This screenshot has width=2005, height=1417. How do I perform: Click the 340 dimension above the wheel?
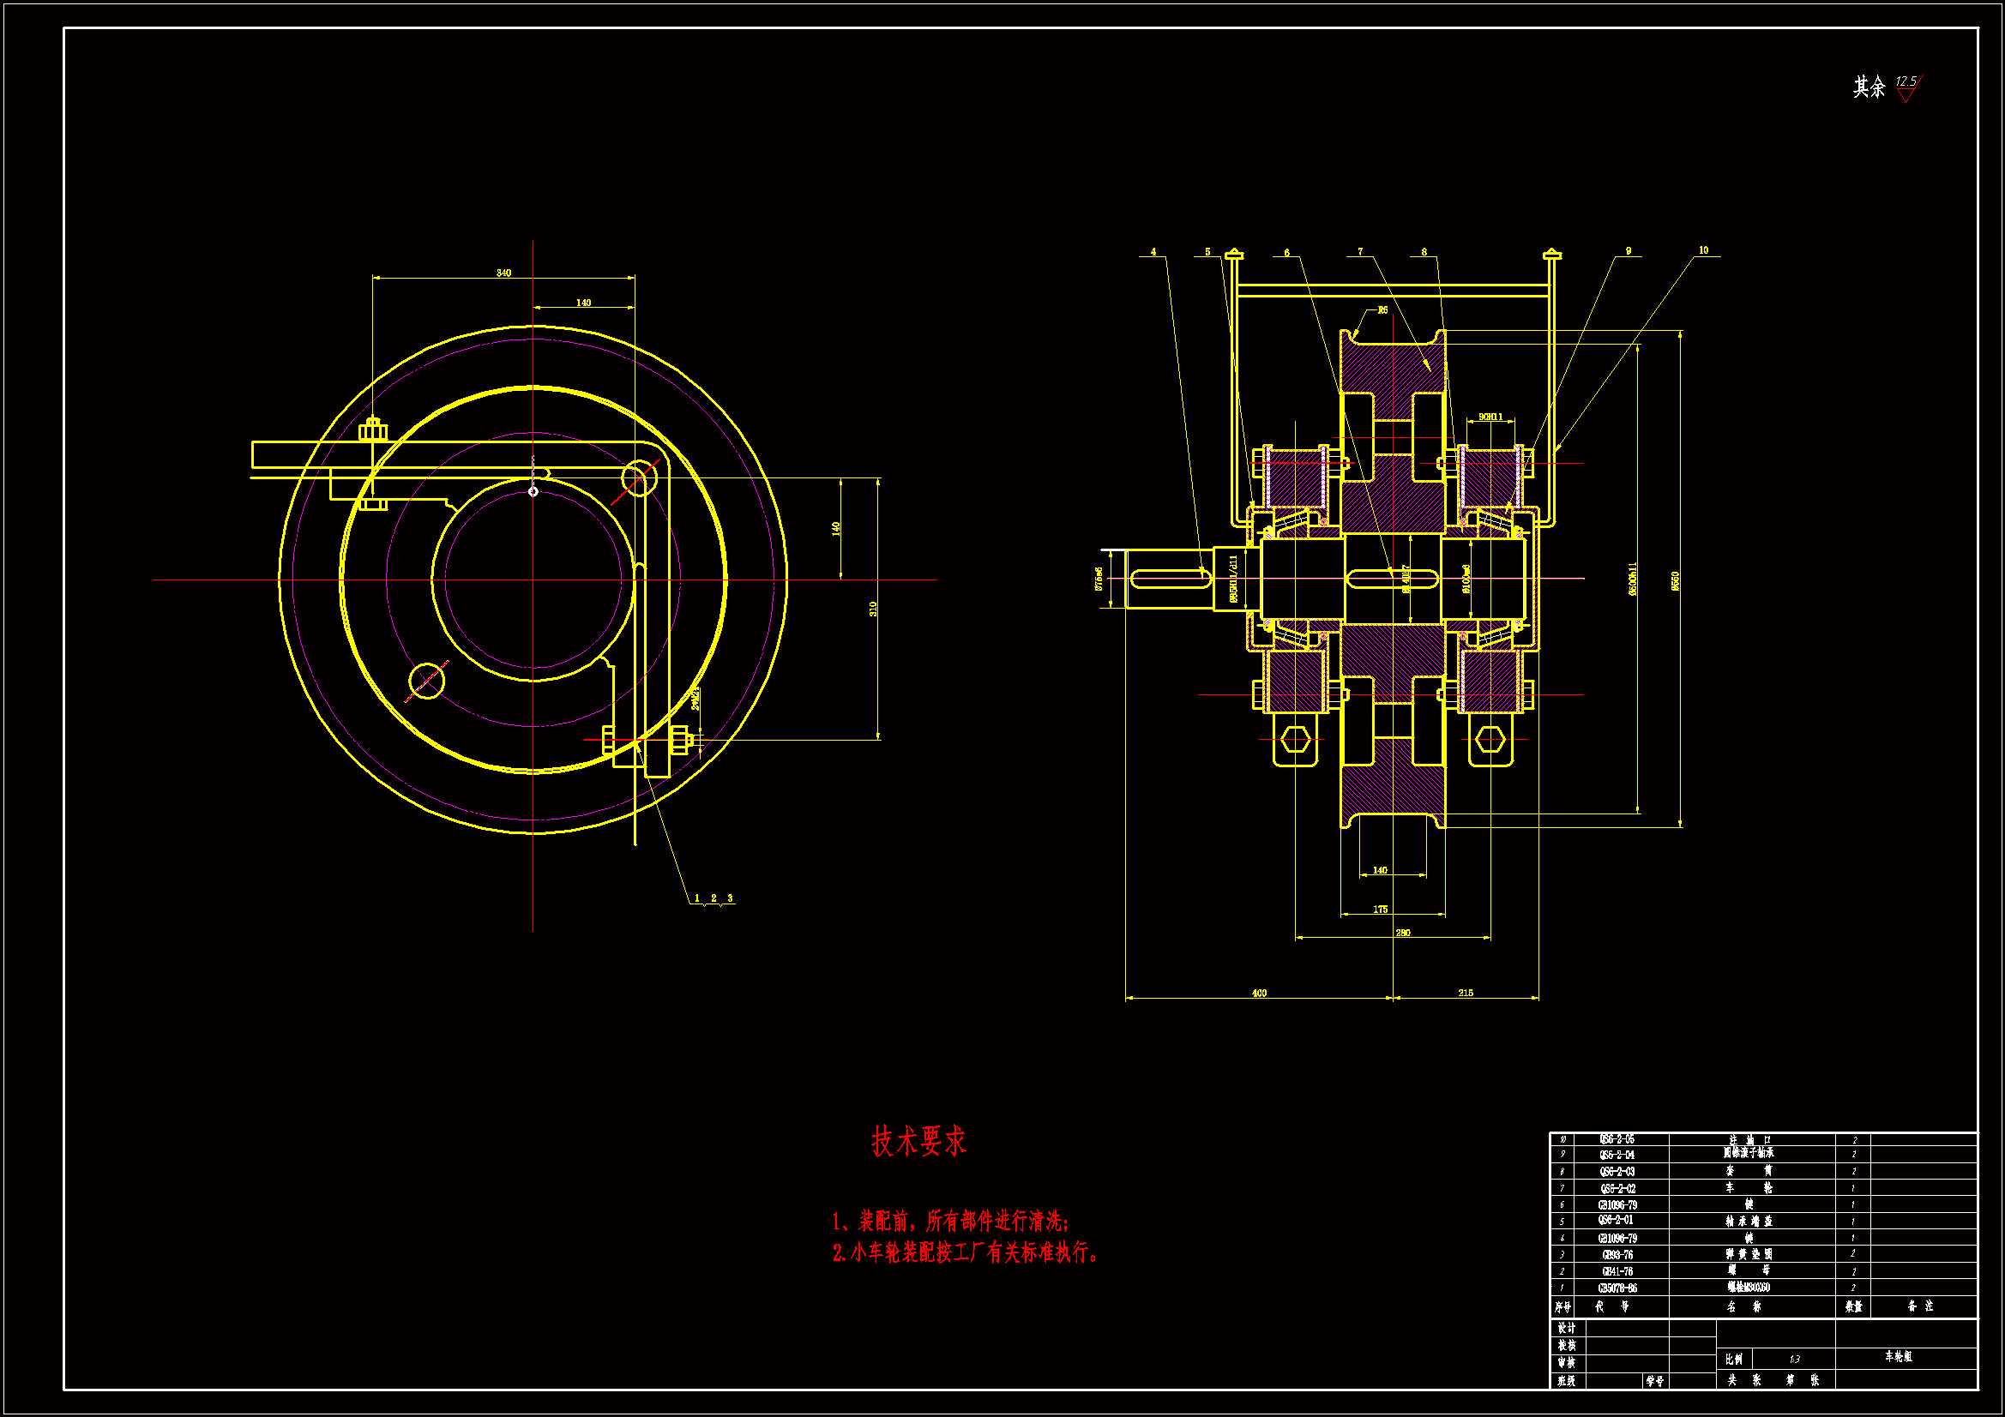[x=504, y=273]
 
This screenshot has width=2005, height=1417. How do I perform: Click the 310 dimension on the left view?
[x=872, y=609]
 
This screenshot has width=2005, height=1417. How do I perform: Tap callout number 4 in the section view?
[x=1153, y=252]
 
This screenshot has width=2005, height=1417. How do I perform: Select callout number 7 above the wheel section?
[x=1359, y=252]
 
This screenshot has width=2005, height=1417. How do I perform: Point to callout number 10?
[x=1703, y=250]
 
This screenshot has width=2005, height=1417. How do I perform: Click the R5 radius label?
[x=1382, y=310]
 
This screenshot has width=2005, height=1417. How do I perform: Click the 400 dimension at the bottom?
[x=1259, y=993]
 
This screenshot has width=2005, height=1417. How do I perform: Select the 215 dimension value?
[x=1466, y=993]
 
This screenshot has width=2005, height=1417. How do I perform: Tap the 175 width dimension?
[x=1380, y=910]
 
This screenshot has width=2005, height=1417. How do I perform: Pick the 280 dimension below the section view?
[x=1402, y=933]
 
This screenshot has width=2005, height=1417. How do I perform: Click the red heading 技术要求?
[x=918, y=1141]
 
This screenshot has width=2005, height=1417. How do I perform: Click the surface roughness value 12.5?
[x=1906, y=81]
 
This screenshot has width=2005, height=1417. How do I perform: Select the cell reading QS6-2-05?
[x=1617, y=1139]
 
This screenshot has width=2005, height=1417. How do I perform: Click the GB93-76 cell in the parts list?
[x=1617, y=1255]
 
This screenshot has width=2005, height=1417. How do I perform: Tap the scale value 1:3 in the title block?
[x=1794, y=1360]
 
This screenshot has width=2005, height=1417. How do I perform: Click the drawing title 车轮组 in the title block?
[x=1898, y=1357]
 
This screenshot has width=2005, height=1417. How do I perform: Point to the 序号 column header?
[x=1562, y=1307]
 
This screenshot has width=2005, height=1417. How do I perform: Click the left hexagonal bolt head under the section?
[x=1295, y=740]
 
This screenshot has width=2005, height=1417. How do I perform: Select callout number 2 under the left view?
[x=713, y=898]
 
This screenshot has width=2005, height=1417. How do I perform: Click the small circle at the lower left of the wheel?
[x=426, y=680]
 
